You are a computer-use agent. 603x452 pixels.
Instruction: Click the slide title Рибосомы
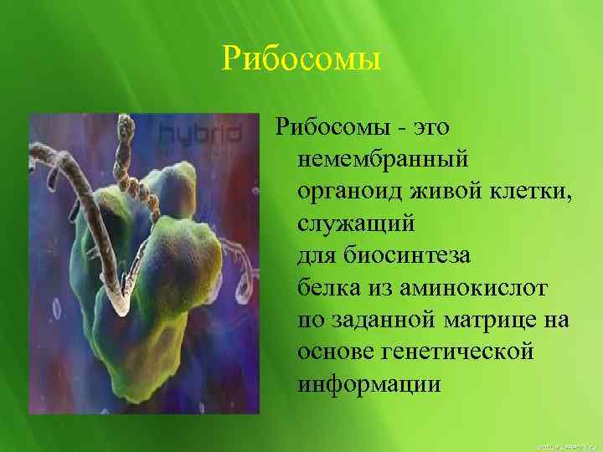pyautogui.click(x=301, y=59)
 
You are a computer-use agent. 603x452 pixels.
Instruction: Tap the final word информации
pyautogui.click(x=368, y=384)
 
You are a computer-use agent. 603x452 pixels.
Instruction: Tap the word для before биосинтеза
pyautogui.click(x=317, y=255)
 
